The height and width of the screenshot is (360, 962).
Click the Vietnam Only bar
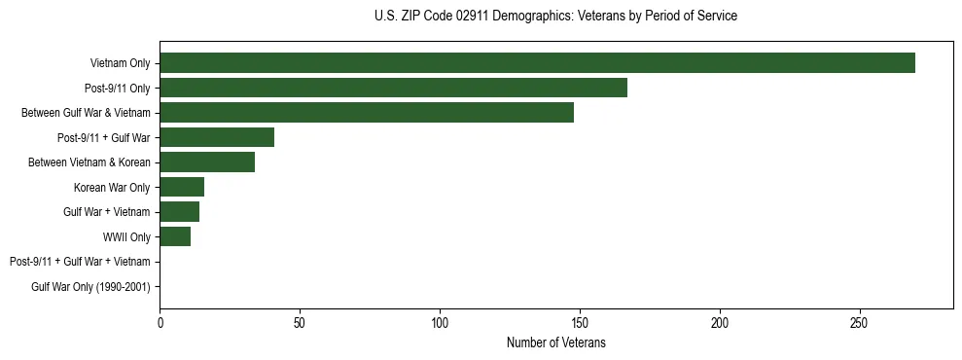click(537, 63)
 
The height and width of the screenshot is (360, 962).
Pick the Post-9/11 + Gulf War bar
click(217, 137)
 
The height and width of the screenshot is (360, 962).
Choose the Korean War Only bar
click(182, 187)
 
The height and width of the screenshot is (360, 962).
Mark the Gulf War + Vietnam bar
click(179, 211)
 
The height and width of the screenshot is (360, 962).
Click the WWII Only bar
click(175, 236)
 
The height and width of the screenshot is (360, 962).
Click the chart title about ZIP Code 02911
click(555, 17)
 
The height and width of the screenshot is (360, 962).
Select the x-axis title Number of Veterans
click(555, 342)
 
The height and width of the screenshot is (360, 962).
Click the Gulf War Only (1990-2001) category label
click(90, 286)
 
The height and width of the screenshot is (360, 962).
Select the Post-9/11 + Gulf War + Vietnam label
click(80, 262)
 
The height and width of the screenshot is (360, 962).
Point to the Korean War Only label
click(112, 187)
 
